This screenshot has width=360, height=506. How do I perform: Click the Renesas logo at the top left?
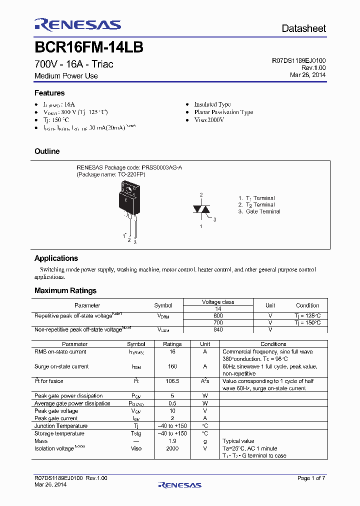coord(77,24)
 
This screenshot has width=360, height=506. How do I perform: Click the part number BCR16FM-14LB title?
coord(89,47)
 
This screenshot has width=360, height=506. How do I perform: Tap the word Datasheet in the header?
coord(303,28)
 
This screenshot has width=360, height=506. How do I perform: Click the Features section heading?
coord(49,93)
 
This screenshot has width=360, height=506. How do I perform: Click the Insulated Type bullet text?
coord(212,104)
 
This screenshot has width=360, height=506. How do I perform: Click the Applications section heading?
coord(56,258)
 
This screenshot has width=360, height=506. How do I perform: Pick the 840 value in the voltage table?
coord(218,329)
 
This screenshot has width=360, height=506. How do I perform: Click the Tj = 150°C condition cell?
coord(307,322)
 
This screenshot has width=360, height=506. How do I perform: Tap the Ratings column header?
coord(172,344)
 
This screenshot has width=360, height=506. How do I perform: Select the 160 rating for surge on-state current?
coord(172,366)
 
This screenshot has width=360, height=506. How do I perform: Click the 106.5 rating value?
coord(172,381)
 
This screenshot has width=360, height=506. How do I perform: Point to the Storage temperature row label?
coord(59,433)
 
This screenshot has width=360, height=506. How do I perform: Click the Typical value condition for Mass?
coord(238,441)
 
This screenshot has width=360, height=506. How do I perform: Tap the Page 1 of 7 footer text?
coord(311,478)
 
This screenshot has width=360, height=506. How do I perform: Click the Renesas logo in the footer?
coord(179,484)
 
